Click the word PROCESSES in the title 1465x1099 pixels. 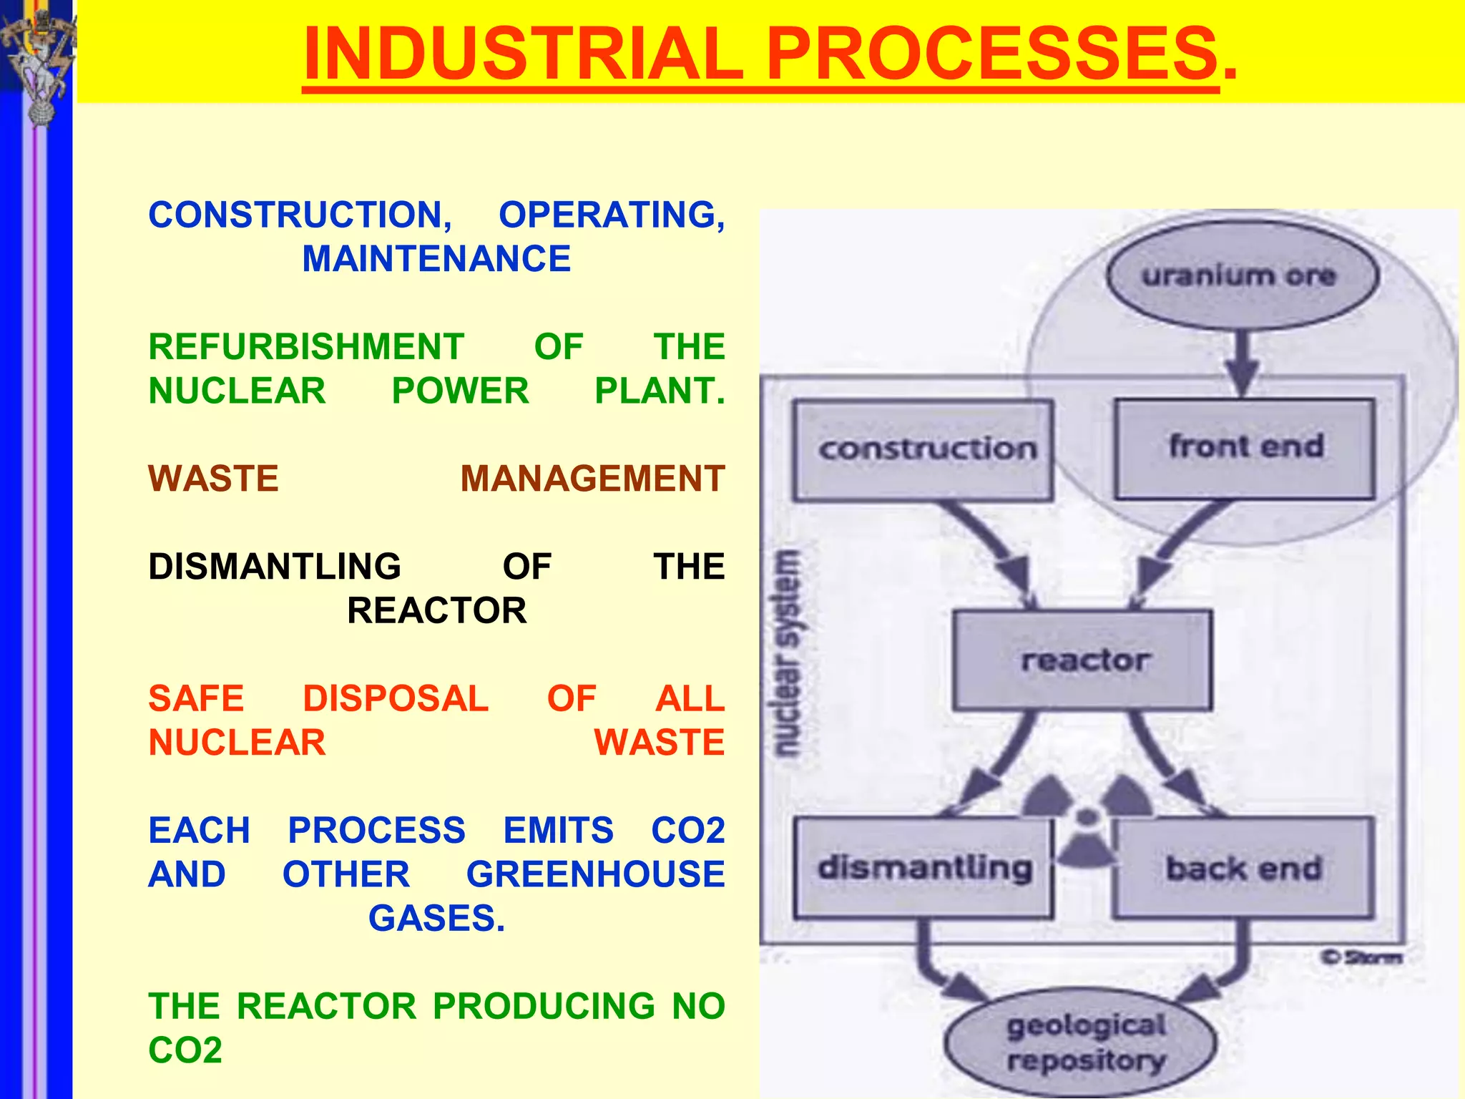991,54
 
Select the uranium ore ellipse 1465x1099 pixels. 1242,275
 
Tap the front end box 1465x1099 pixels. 1245,448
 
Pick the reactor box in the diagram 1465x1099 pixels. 1082,660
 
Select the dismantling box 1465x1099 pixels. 923,868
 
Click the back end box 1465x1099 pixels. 1243,868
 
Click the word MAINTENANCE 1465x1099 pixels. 436,259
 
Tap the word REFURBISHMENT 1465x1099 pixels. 306,347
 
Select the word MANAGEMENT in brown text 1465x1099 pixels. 592,479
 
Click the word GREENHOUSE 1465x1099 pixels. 595,874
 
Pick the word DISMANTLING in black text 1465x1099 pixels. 275,567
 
